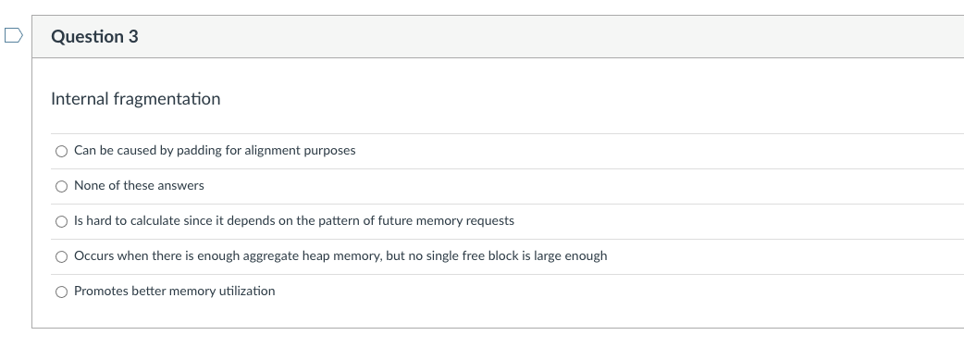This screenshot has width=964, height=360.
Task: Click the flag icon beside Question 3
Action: [x=13, y=37]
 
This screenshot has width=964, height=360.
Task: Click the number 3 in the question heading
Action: [x=133, y=37]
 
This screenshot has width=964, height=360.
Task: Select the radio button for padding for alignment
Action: [x=61, y=151]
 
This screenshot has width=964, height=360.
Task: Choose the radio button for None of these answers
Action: [x=61, y=186]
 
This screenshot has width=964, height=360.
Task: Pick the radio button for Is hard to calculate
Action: [x=61, y=221]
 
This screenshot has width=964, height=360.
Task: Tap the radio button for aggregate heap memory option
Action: [x=61, y=256]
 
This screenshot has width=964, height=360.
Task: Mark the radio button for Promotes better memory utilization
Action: [x=61, y=292]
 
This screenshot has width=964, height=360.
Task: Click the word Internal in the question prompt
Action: [x=80, y=98]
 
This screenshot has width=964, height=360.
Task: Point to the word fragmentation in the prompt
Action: [x=167, y=98]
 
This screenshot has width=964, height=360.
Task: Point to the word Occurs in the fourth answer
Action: [x=93, y=255]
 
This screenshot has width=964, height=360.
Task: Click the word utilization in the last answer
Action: [x=245, y=291]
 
